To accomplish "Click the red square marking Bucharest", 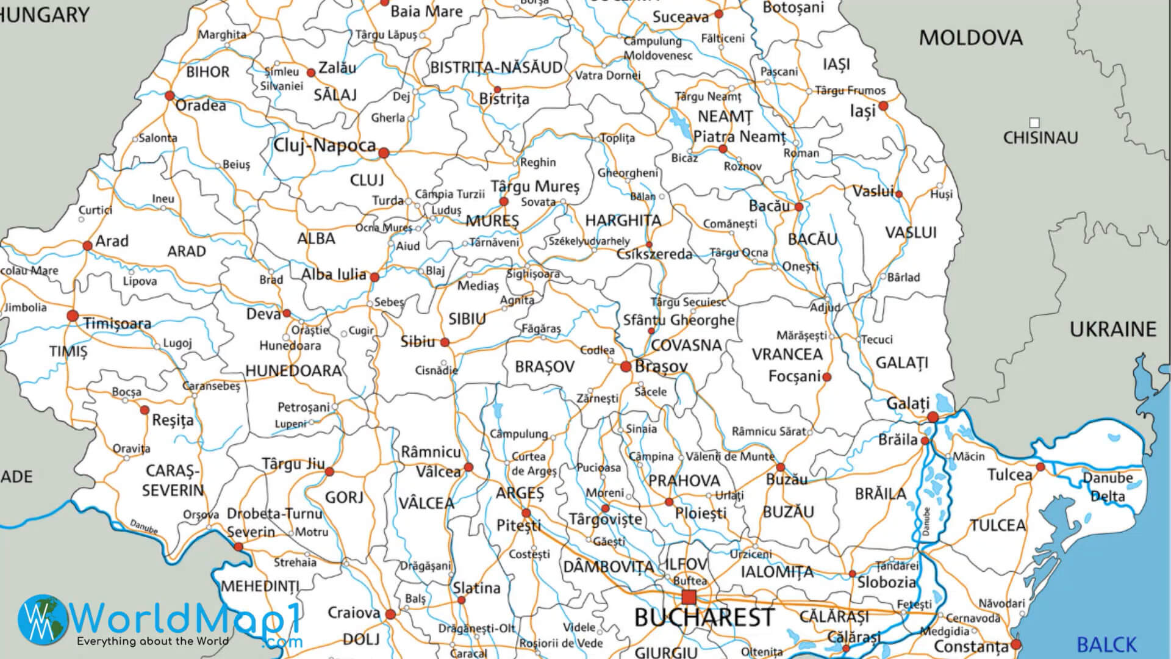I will [x=689, y=596].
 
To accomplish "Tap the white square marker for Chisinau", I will [x=1034, y=123].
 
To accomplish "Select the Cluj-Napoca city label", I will [x=324, y=145].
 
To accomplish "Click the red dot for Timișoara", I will [x=73, y=315].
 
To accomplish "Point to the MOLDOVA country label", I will [x=970, y=38].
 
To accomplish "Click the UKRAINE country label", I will [x=1112, y=329].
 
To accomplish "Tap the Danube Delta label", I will [x=1108, y=487].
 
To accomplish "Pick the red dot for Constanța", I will [x=1015, y=644].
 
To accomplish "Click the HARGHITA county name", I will [x=623, y=220].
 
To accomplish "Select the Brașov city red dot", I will [x=625, y=367].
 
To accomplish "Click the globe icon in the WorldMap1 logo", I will [x=43, y=619].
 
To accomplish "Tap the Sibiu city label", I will [x=418, y=342].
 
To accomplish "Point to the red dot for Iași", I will [x=883, y=106].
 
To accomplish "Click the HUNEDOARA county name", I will [x=293, y=370].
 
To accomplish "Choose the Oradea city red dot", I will [x=170, y=96].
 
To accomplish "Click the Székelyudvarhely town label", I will [x=589, y=241].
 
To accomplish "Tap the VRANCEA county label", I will [x=787, y=354].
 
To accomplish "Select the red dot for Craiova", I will [x=390, y=614].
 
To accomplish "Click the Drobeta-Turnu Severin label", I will [x=274, y=522].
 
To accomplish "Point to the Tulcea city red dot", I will [x=1040, y=467].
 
